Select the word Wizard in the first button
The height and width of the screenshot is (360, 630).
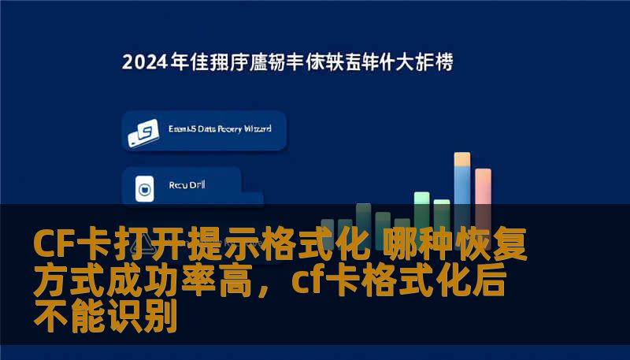256,128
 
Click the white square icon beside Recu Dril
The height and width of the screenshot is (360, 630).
144,188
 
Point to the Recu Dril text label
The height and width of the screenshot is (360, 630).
185,187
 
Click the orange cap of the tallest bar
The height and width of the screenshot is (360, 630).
462,159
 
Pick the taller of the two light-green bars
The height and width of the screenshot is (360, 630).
422,200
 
